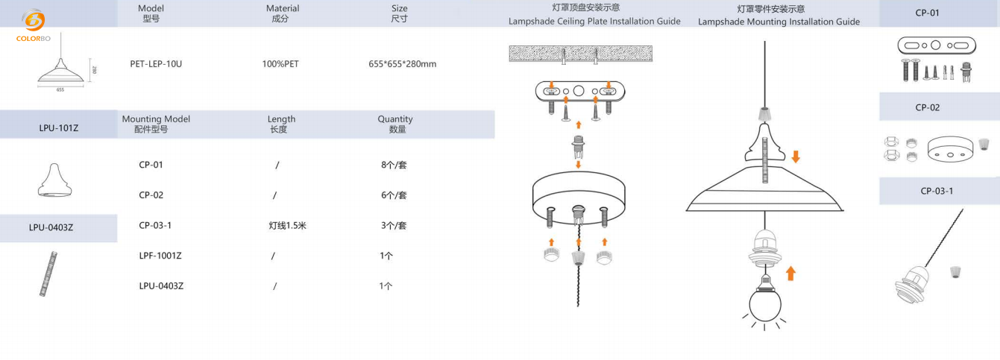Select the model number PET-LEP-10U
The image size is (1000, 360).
pyautogui.click(x=156, y=64)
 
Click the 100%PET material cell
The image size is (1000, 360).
pyautogui.click(x=280, y=64)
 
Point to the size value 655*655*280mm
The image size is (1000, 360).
pyautogui.click(x=403, y=64)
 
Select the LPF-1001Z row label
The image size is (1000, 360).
pyautogui.click(x=160, y=256)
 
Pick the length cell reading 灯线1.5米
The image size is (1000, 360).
pyautogui.click(x=287, y=225)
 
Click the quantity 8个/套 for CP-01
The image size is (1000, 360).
pyautogui.click(x=394, y=165)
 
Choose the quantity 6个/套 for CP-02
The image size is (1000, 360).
pyautogui.click(x=394, y=195)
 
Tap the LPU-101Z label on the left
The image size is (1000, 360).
pyautogui.click(x=59, y=128)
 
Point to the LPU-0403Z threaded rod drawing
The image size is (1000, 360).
pyautogui.click(x=48, y=274)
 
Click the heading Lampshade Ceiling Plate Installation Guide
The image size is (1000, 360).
pyautogui.click(x=594, y=22)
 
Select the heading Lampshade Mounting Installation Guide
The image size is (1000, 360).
pyautogui.click(x=779, y=22)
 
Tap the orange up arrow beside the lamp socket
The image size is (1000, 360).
pyautogui.click(x=790, y=274)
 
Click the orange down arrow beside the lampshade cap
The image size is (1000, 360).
pyautogui.click(x=796, y=157)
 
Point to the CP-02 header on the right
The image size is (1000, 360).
pyautogui.click(x=928, y=107)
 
